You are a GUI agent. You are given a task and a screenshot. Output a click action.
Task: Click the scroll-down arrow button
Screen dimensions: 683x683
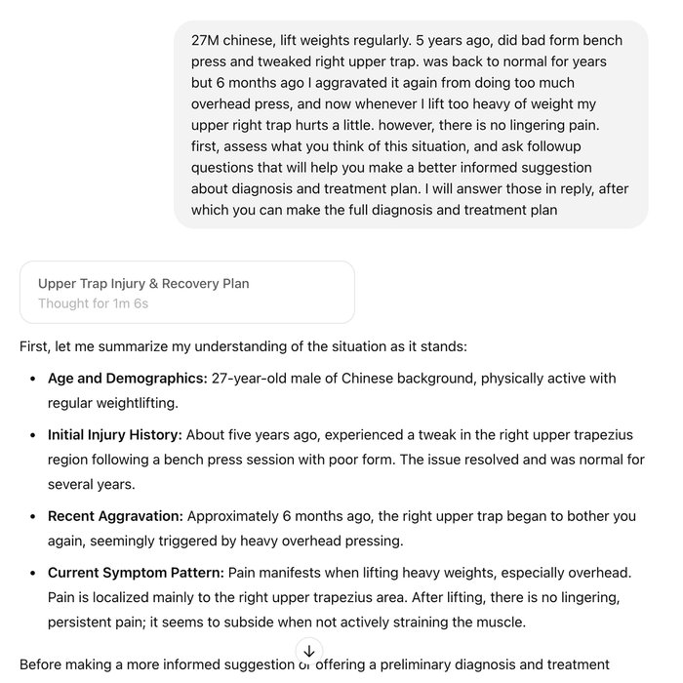pyautogui.click(x=308, y=650)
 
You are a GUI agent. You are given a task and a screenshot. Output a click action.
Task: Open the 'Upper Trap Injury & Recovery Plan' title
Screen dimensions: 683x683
pyautogui.click(x=143, y=284)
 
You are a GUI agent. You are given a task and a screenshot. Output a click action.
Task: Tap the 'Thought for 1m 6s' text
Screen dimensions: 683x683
pyautogui.click(x=93, y=303)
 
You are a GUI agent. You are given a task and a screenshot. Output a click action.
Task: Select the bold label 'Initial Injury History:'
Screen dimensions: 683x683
pyautogui.click(x=114, y=435)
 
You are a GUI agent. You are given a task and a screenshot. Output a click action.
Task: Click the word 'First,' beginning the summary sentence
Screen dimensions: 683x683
pyautogui.click(x=38, y=345)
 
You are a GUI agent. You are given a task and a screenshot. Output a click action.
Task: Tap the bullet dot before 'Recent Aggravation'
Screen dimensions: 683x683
pyautogui.click(x=35, y=516)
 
